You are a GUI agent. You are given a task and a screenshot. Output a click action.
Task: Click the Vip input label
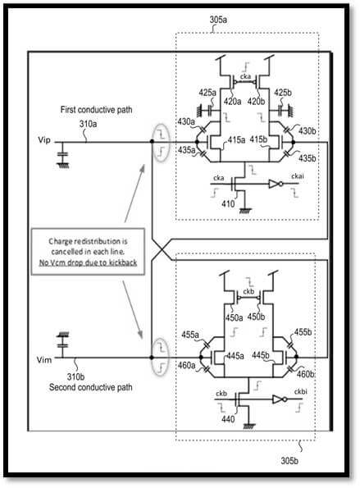[43, 140]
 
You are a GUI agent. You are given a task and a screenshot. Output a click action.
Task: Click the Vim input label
[43, 360]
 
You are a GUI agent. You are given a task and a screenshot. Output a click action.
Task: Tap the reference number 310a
[88, 124]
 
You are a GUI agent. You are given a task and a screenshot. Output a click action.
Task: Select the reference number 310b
[75, 377]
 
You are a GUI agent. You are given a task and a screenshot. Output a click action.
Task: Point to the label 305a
[218, 20]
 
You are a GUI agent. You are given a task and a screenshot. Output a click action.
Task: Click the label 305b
[289, 460]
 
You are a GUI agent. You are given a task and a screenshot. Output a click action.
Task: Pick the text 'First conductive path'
[96, 110]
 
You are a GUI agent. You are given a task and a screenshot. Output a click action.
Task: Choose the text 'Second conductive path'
[91, 387]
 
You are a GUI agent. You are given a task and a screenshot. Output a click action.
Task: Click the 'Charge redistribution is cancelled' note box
[88, 252]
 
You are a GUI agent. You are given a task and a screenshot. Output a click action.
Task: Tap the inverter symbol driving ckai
[276, 184]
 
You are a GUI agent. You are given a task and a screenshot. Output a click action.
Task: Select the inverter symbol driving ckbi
[279, 399]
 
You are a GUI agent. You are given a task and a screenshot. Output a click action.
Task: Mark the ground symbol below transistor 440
[249, 426]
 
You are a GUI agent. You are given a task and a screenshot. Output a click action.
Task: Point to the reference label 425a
[207, 93]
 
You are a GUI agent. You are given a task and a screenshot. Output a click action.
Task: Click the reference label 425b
[283, 93]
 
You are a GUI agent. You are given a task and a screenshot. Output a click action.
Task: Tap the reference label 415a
[236, 140]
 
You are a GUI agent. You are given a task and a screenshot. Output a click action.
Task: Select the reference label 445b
[261, 355]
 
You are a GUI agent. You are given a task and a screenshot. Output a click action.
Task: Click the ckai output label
[298, 176]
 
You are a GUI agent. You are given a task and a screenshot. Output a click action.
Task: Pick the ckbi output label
[301, 391]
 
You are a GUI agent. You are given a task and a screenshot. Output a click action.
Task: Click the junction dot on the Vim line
[152, 358]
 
